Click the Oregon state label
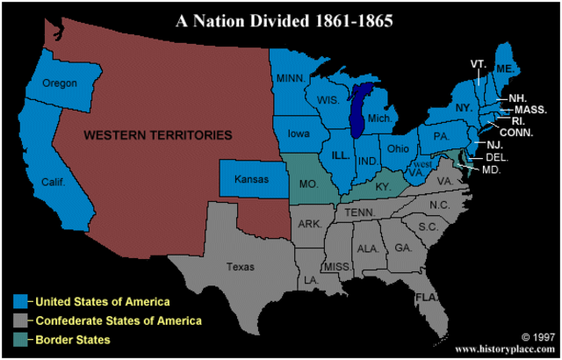pos(61,83)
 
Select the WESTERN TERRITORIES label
pos(158,135)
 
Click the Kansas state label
pos(250,179)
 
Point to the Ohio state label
pos(398,148)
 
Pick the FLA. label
pos(428,296)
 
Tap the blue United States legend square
pos(19,301)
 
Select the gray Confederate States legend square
pos(19,320)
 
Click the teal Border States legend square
pos(19,338)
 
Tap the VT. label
pos(479,64)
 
